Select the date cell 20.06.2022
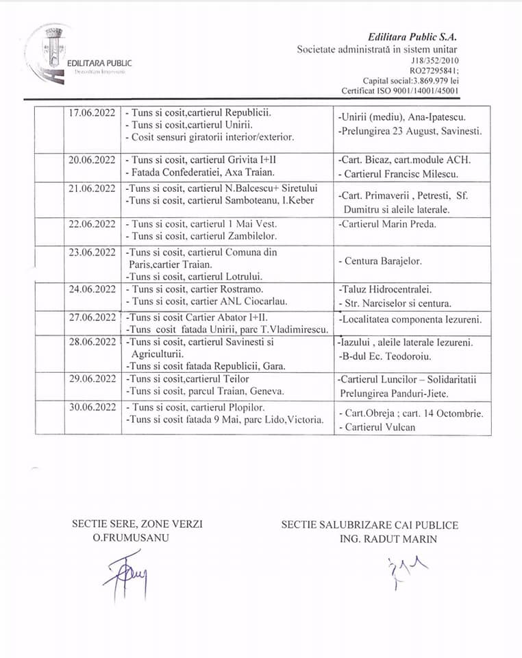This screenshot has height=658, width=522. pos(92,160)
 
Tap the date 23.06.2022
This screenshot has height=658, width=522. pos(92,252)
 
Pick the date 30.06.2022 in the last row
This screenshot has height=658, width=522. pos(92,407)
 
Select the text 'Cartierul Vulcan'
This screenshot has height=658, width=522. pos(377,426)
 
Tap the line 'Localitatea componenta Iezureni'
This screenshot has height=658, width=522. pos(410,319)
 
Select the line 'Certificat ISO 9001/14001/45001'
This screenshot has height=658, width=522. pos(400,90)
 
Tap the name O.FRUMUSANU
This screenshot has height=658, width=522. pos(132,538)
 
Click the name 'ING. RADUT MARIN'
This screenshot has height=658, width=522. pos(388,539)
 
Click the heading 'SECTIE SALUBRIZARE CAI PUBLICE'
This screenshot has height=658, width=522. pos(369,525)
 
